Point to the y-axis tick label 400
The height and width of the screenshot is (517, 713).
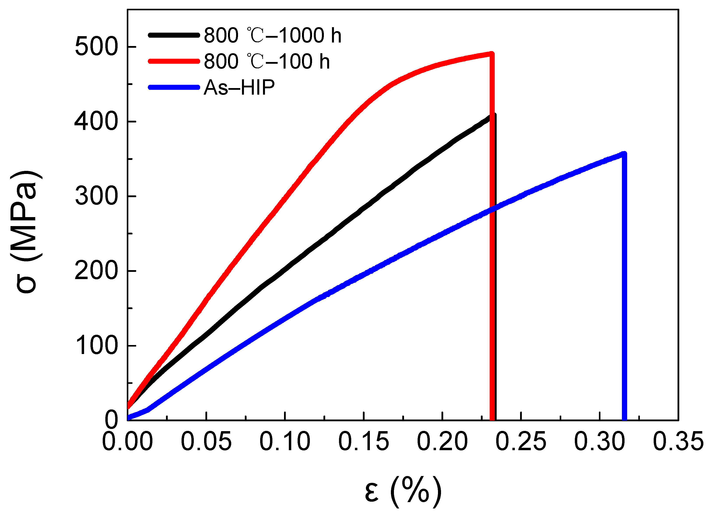(x=96, y=122)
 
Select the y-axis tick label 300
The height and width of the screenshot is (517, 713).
(x=96, y=197)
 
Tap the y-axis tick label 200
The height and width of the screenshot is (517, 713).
(x=96, y=271)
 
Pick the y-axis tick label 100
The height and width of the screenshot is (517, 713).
(x=96, y=346)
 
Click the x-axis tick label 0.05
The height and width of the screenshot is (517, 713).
(x=206, y=441)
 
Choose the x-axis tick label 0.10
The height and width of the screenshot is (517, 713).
(x=285, y=441)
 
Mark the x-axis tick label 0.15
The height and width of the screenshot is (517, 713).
(x=364, y=441)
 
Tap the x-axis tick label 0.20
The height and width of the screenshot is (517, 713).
(x=442, y=441)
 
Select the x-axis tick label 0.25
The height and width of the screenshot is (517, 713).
(x=521, y=441)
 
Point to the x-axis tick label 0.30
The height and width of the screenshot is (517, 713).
(x=600, y=441)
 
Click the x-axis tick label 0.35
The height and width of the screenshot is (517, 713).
(x=678, y=441)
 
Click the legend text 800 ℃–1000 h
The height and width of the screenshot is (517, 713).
(x=272, y=35)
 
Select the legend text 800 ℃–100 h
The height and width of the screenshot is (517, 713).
(x=266, y=61)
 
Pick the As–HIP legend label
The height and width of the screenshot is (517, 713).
(x=239, y=87)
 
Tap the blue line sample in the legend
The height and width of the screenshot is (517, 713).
(x=174, y=87)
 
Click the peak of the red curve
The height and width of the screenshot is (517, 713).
(x=492, y=54)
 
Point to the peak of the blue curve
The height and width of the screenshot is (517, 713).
(x=624, y=154)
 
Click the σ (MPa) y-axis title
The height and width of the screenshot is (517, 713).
(x=26, y=233)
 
